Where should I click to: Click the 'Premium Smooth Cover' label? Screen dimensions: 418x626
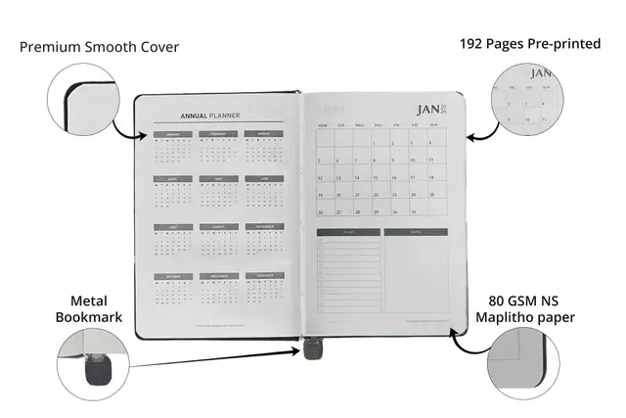pos(99,46)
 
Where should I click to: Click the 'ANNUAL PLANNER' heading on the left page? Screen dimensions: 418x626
pos(210,115)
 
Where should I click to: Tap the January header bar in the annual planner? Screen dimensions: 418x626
pos(173,134)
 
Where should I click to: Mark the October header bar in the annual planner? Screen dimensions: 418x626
pos(173,276)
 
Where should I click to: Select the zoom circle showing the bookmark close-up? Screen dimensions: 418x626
pos(94,363)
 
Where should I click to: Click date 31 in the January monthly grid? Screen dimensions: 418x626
pos(414,211)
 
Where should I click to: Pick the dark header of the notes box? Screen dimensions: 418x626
pos(415,232)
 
